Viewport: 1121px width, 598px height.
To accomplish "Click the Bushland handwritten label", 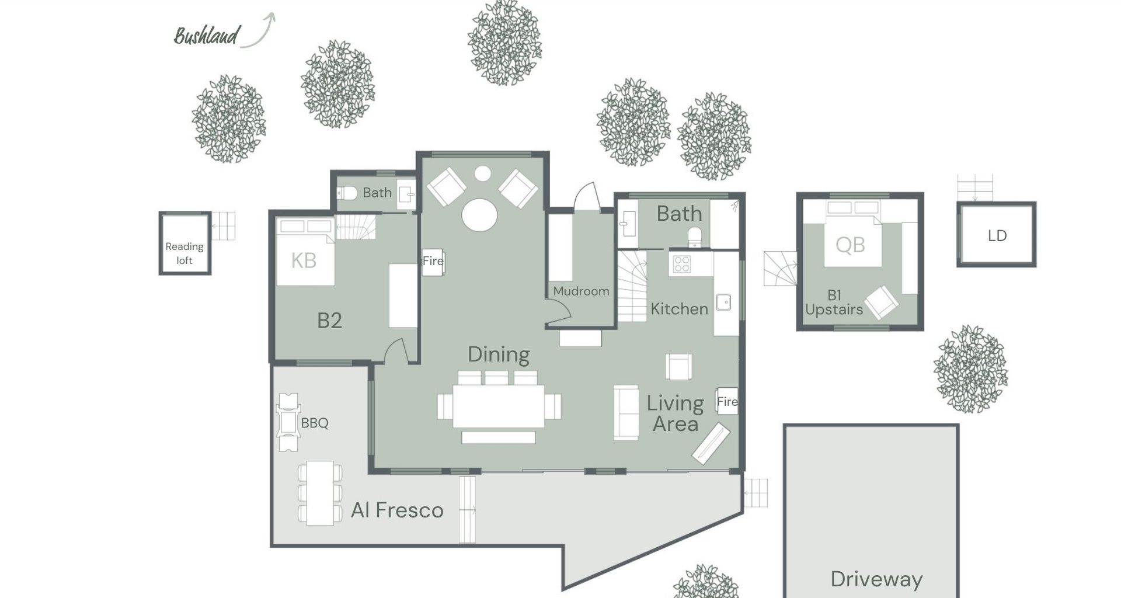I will point(207,36).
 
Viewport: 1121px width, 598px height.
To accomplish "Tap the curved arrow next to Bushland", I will point(260,30).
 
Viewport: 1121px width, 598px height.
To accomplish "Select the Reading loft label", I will point(184,253).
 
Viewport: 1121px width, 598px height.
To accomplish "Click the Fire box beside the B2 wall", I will point(433,261).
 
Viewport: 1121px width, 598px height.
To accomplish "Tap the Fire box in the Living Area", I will point(727,401).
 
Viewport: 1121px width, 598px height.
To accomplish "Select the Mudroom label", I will point(580,291).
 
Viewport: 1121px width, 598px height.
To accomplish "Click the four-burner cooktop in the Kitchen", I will point(682,265).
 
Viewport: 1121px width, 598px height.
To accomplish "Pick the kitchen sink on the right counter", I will point(723,302).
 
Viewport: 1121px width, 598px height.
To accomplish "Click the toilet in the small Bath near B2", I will point(347,193).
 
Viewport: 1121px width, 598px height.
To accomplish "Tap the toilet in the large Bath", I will point(694,237).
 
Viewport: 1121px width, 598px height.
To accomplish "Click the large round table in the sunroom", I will point(479,214).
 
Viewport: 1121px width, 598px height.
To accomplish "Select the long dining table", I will point(499,405).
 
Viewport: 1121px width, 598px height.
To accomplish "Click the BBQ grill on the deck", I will point(288,422).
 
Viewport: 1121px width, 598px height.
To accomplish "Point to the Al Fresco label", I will point(397,510).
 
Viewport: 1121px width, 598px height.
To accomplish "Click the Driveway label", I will point(876,579).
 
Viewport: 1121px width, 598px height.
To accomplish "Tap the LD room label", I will point(997,235).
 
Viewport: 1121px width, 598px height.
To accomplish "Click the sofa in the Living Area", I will point(626,412).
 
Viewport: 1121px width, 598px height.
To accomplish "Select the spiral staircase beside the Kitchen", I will point(632,286).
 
